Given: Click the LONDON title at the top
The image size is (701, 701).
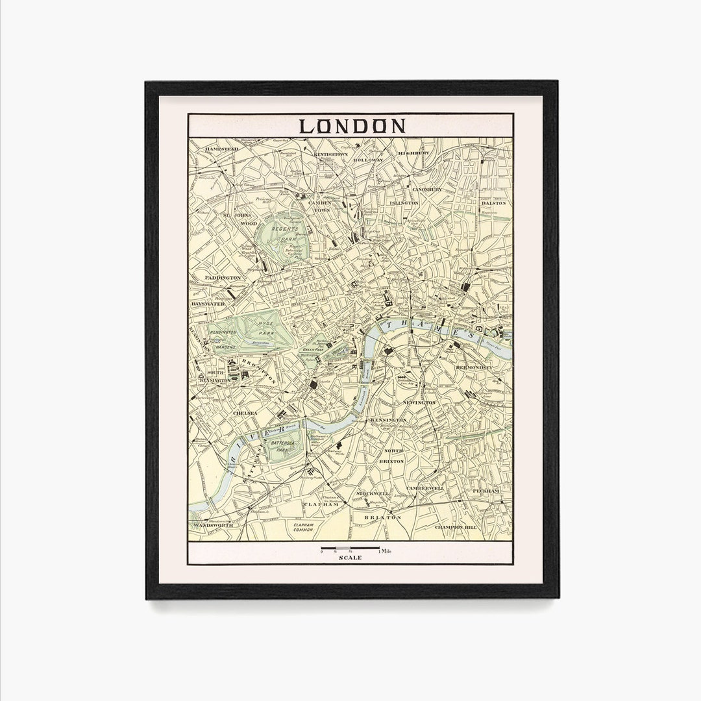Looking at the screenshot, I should (352, 125).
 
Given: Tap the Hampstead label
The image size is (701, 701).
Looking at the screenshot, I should (222, 149).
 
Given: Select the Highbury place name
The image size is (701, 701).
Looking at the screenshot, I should (413, 153).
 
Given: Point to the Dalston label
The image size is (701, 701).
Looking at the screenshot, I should (493, 203).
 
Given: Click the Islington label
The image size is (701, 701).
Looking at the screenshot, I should (404, 203).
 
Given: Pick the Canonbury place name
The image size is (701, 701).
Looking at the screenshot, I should (426, 190).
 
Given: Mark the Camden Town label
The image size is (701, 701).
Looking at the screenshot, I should (319, 206).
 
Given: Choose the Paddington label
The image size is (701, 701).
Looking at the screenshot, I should (222, 278).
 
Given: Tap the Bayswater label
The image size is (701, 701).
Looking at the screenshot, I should (208, 303).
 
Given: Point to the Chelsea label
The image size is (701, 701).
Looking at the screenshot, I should (245, 412).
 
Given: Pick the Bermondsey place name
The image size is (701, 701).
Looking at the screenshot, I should (474, 367).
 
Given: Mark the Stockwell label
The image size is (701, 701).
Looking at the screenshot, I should (373, 493).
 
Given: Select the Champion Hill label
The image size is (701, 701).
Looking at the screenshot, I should (456, 527).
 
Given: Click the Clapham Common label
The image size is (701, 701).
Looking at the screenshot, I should (303, 528).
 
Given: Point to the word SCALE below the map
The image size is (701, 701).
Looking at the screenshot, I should (350, 558).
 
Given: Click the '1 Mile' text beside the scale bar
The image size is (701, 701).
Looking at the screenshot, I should (386, 551).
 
